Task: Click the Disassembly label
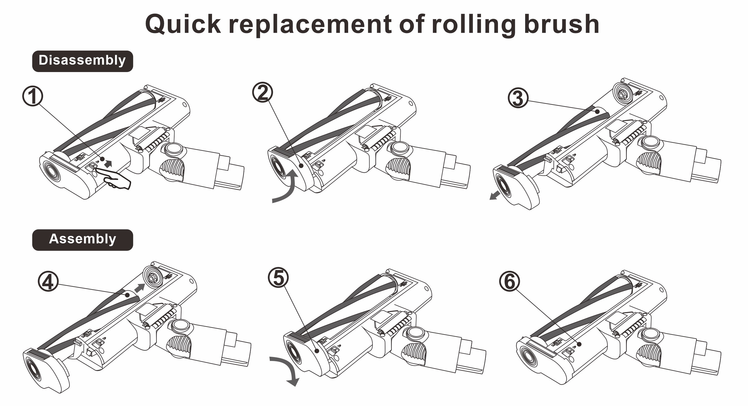[83, 61]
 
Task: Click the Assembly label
[83, 240]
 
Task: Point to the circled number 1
[33, 96]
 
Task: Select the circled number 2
[263, 92]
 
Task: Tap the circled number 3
[518, 98]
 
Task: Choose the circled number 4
[48, 281]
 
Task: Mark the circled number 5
[278, 278]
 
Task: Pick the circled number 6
[509, 281]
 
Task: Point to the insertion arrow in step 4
[140, 288]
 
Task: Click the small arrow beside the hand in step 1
[108, 163]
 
